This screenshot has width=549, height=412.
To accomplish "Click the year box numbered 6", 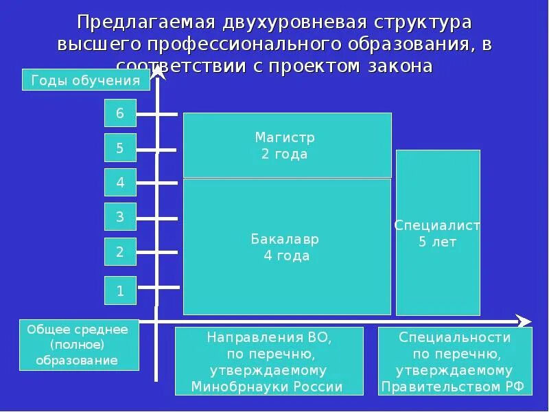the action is tap(120, 113).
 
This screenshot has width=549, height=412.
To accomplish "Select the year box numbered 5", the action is tap(120, 148).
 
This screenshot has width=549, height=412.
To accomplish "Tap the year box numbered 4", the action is tap(120, 182).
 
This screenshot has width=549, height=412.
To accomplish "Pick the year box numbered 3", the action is tap(120, 217).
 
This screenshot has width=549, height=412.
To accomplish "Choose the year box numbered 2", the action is tap(120, 251).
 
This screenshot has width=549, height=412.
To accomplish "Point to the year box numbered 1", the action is tap(120, 290).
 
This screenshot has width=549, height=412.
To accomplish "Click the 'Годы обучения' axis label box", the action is tap(86, 80).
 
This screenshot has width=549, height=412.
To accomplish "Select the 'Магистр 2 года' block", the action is tap(287, 146).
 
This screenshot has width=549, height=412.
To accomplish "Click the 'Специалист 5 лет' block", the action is tap(438, 233).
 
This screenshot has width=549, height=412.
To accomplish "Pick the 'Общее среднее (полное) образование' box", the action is tap(78, 345).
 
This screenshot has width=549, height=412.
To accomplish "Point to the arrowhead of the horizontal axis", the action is tap(524, 321).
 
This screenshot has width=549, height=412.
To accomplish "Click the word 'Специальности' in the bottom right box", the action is tap(455, 337).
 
